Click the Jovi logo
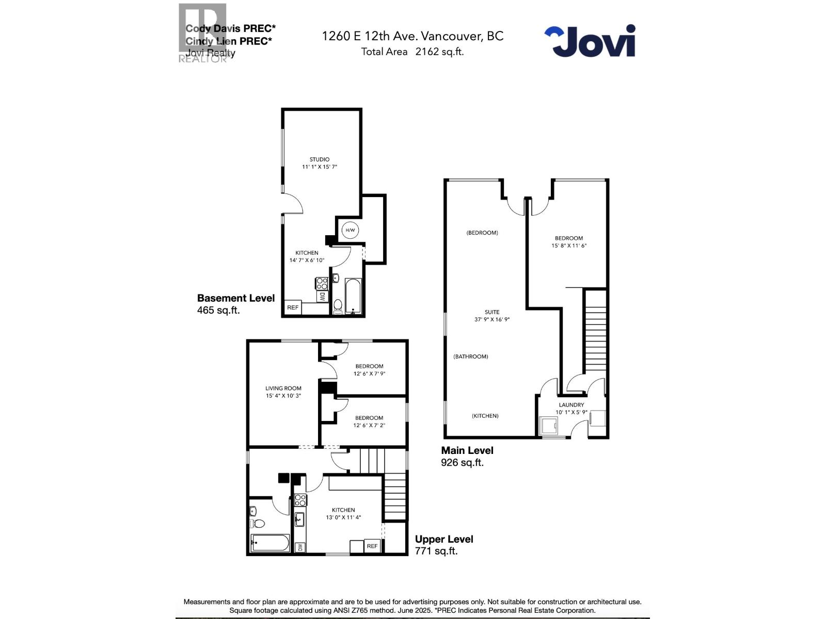click(590, 41)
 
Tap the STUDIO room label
click(320, 159)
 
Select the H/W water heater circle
click(350, 230)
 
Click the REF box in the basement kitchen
click(293, 307)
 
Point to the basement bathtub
click(354, 297)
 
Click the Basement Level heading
click(236, 298)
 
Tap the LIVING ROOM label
click(283, 388)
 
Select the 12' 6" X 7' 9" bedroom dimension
click(369, 374)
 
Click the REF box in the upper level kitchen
click(372, 546)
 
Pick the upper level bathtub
click(270, 543)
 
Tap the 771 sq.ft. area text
click(436, 551)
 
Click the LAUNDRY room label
click(571, 405)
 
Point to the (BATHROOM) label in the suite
click(471, 356)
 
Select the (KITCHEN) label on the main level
click(485, 416)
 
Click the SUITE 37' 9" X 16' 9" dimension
click(492, 320)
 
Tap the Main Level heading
click(467, 450)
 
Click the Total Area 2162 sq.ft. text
click(412, 52)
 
